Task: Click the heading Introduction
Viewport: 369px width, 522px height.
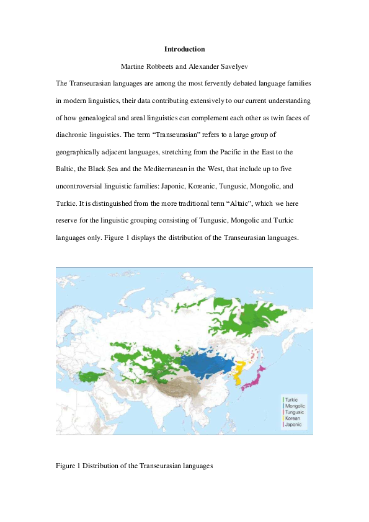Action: pyautogui.click(x=184, y=49)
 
